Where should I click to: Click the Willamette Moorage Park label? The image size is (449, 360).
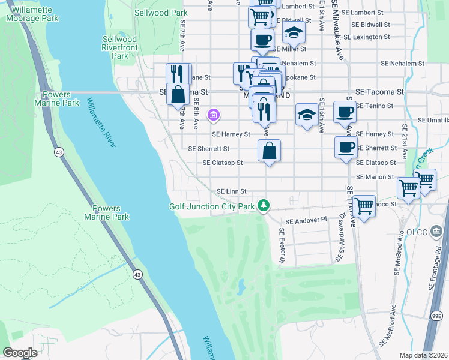pyautogui.click(x=32, y=14)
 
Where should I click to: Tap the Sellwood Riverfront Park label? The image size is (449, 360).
pyautogui.click(x=120, y=47)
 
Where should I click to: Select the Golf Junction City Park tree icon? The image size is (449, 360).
pyautogui.click(x=263, y=206)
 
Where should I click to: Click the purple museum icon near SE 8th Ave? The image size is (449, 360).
pyautogui.click(x=213, y=114)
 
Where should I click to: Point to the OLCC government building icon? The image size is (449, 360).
pyautogui.click(x=436, y=230)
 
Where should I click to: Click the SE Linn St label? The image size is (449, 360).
pyautogui.click(x=231, y=191)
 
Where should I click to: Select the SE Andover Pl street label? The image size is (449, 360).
pyautogui.click(x=306, y=220)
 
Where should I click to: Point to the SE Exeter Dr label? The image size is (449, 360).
pyautogui.click(x=281, y=245)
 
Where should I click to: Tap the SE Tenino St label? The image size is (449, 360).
pyautogui.click(x=374, y=106)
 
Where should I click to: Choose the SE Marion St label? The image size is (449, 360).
pyautogui.click(x=375, y=177)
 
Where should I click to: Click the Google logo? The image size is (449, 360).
pyautogui.click(x=20, y=353)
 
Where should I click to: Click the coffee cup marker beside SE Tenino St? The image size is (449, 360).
pyautogui.click(x=345, y=112)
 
